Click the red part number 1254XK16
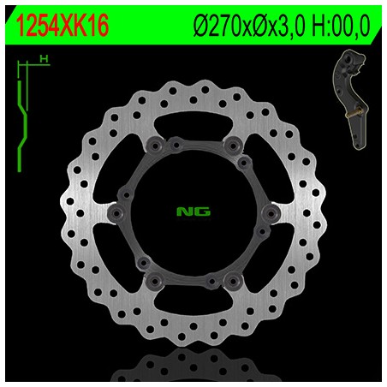63,26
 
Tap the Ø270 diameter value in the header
217,26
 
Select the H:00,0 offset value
341,26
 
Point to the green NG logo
193,211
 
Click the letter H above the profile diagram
44,59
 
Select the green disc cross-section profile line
22,127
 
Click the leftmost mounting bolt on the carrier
116,213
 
